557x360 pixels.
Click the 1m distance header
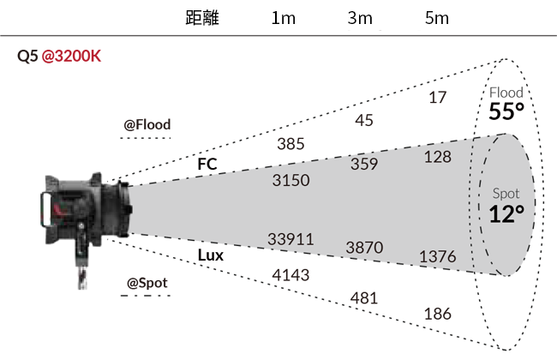283,18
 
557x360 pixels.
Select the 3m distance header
360,18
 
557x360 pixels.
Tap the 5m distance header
437,18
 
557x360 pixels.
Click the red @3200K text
71,57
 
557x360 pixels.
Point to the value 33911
290,239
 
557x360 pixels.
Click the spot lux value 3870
364,248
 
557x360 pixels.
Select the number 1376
438,256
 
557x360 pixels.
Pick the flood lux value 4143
290,275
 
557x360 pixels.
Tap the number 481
364,297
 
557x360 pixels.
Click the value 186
438,314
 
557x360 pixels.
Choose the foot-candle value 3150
291,180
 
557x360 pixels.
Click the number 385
290,144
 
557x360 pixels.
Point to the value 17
437,98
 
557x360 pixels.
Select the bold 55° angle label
506,111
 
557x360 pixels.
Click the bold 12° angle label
506,214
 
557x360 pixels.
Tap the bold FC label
207,165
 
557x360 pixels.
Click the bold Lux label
210,255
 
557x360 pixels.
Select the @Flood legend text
147,125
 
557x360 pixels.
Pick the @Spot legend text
147,283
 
